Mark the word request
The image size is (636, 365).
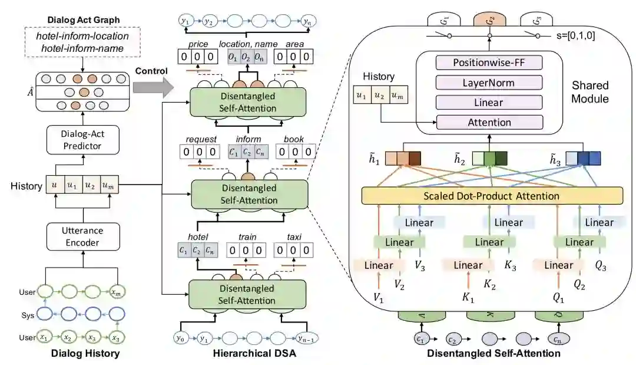198,140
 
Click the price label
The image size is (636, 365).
197,45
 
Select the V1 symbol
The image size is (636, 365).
378,298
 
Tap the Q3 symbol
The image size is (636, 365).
601,266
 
